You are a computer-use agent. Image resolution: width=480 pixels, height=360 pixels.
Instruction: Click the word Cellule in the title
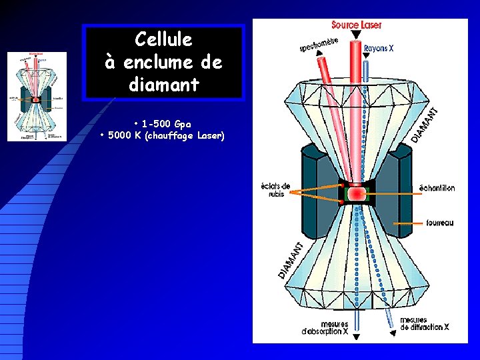[x=163, y=40]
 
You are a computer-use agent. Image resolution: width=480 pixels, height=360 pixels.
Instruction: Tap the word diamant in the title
[x=163, y=85]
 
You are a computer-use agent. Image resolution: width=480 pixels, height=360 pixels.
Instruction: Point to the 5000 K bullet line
[x=163, y=136]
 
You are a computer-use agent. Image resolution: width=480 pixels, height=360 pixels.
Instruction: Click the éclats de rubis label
[x=275, y=190]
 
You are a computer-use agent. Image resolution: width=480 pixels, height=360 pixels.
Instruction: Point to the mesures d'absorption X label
[x=325, y=327]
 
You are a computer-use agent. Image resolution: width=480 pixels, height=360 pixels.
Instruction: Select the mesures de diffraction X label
[x=424, y=324]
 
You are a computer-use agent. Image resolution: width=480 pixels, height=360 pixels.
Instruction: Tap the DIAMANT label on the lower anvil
[x=291, y=261]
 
